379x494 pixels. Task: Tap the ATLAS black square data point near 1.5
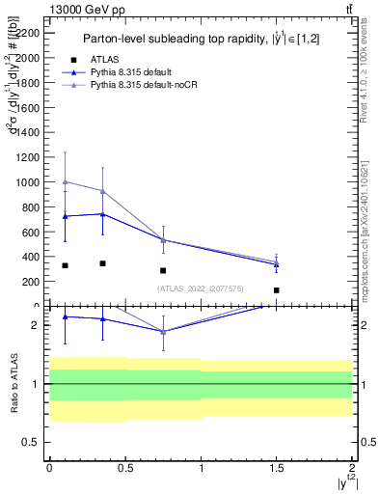click(x=276, y=289)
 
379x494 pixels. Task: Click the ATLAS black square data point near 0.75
click(x=163, y=271)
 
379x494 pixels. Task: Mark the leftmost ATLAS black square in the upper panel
click(x=65, y=265)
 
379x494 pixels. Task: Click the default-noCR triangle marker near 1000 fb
click(x=65, y=181)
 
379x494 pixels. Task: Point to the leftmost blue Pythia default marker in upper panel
click(x=65, y=216)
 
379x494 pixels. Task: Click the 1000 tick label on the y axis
click(x=29, y=182)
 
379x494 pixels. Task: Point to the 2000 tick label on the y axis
click(x=29, y=58)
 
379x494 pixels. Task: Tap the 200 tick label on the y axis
click(x=32, y=282)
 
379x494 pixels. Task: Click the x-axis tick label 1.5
click(x=277, y=466)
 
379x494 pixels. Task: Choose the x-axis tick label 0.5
click(x=124, y=466)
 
